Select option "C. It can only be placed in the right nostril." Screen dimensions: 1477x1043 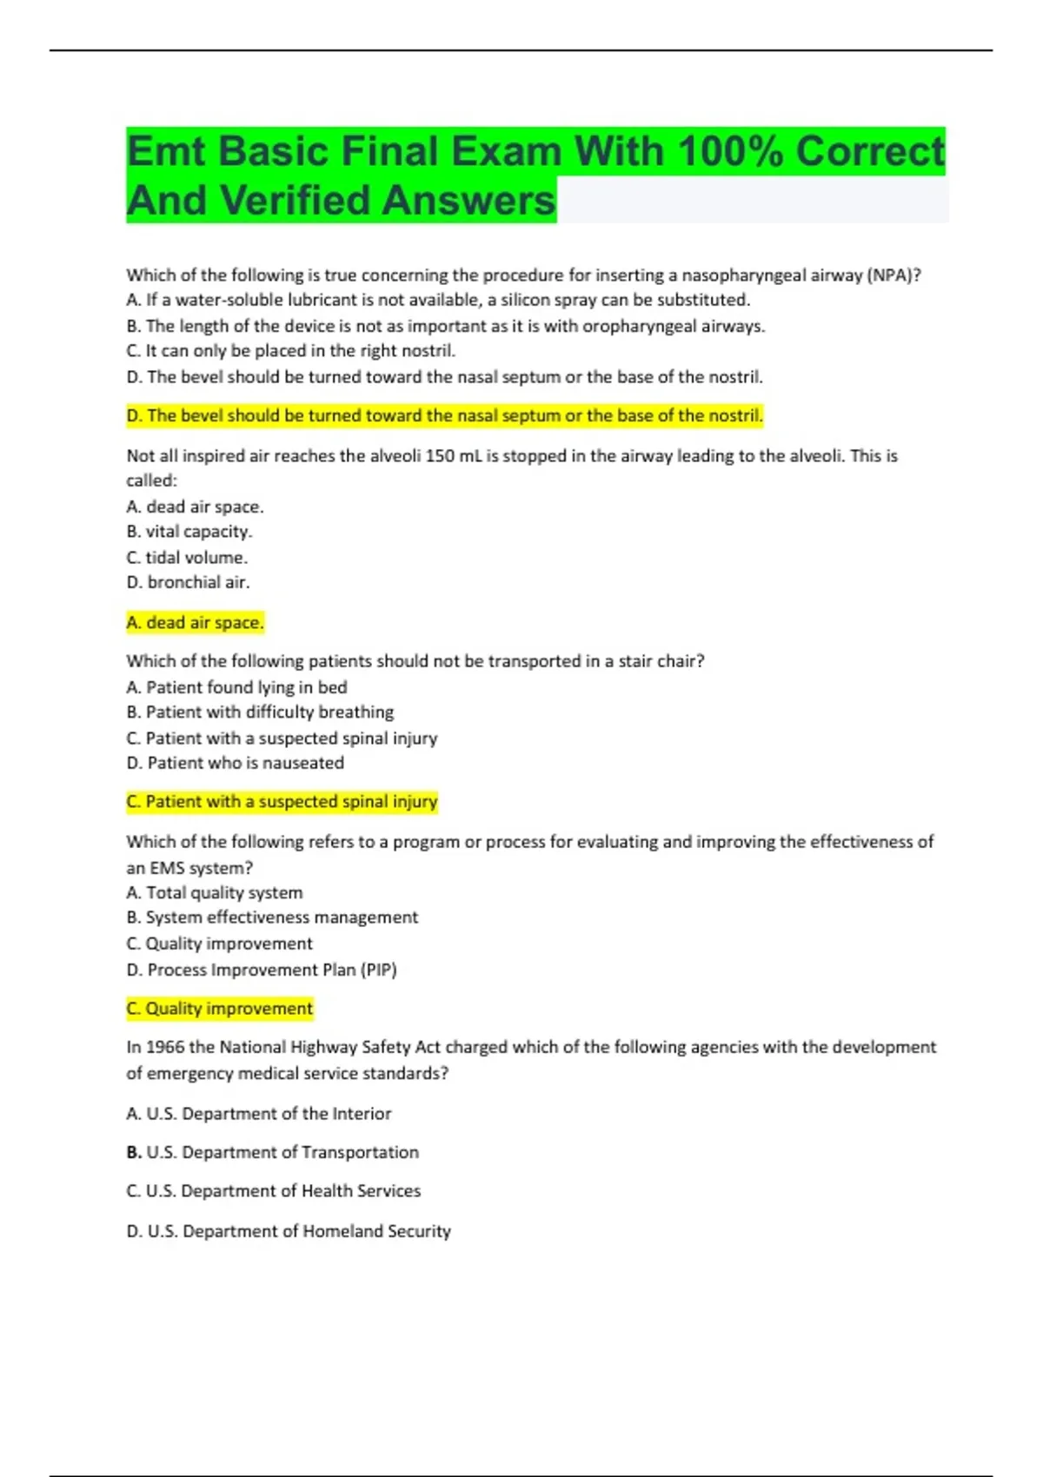290,351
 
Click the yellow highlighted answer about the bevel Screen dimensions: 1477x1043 444,416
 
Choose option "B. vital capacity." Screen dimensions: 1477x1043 189,532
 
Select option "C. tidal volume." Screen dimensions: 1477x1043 187,558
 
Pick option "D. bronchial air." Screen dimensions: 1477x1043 188,583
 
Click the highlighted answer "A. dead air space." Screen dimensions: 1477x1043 195,623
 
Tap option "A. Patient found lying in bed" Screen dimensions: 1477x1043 236,687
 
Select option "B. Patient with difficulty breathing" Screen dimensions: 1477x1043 260,712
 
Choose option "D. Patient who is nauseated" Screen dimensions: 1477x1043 235,764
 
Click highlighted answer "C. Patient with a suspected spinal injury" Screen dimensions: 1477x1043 282,802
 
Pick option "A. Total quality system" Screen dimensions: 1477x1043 215,893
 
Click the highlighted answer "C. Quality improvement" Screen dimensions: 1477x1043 219,1009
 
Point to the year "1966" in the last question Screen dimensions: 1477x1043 165,1048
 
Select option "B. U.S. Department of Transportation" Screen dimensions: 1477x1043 272,1153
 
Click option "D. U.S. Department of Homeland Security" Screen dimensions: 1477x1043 289,1231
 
